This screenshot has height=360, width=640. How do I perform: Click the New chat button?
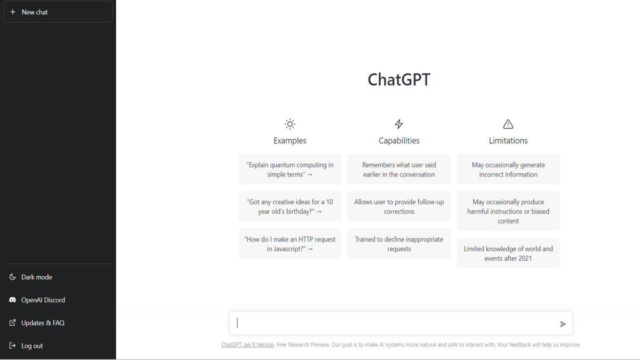point(58,12)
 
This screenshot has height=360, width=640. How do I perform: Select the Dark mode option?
point(37,277)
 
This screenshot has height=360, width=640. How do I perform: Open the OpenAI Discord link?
point(43,300)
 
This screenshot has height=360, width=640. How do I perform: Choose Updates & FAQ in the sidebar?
point(43,323)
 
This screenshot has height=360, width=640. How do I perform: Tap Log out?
point(32,346)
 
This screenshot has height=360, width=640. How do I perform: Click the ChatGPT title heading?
point(399,79)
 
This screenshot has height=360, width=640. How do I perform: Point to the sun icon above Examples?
point(290,124)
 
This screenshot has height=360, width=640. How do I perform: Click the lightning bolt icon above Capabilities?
point(399,124)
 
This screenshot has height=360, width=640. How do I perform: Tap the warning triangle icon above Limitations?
point(508,124)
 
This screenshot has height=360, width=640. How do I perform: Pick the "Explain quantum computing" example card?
point(290,170)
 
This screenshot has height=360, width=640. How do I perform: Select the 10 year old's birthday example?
point(290,206)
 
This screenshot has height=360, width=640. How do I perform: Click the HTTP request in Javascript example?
point(290,244)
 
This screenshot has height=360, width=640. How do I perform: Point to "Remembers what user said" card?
point(399,170)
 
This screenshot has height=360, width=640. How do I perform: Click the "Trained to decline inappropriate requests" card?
point(399,244)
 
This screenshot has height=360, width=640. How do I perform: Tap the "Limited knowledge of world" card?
point(508,253)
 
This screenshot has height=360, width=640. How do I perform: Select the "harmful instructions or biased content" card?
point(508,211)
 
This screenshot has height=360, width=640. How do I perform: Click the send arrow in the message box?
point(563,324)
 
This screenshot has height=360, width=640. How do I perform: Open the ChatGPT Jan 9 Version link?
point(247,345)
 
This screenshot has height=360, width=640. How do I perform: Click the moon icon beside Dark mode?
point(12,277)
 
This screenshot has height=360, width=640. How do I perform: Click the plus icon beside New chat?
point(13,12)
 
